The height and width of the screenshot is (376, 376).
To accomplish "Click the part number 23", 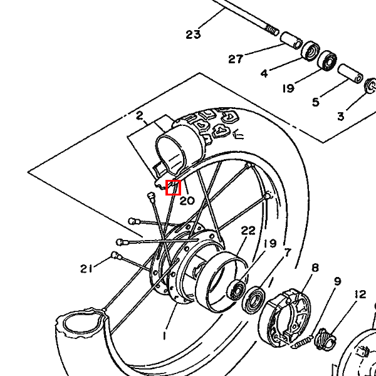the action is click(193, 34).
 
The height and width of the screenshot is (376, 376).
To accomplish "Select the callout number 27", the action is click(236, 59).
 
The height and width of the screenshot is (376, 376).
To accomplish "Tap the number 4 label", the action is click(264, 73).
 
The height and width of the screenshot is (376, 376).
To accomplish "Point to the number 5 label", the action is click(316, 102).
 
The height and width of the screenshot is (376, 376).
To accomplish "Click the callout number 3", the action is click(340, 117).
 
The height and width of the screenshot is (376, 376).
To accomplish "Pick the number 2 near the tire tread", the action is click(139, 116).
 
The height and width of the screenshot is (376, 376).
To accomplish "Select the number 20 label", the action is click(187, 201).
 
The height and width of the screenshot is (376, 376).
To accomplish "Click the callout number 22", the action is click(248, 231).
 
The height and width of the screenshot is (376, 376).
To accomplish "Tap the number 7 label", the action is click(287, 253).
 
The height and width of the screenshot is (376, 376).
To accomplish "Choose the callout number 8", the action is click(315, 268).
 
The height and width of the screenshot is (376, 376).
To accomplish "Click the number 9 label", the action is click(337, 281).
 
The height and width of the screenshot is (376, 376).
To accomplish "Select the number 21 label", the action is click(86, 269).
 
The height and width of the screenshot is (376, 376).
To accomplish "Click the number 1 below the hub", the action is click(164, 336).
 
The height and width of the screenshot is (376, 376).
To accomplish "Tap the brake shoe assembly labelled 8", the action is click(285, 318).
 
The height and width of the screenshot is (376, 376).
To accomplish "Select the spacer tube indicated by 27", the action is click(291, 41).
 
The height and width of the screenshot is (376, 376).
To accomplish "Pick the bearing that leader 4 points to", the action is click(311, 52).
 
